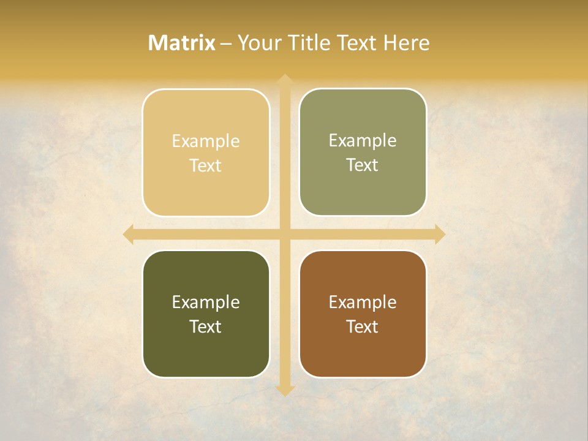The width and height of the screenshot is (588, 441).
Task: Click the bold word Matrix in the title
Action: pos(182,43)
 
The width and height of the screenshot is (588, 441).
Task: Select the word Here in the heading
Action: pos(407,43)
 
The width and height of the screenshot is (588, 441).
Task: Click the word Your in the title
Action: pos(260,43)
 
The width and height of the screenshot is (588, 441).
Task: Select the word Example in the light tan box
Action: pos(206,141)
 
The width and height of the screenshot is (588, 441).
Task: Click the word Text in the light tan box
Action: pos(206,166)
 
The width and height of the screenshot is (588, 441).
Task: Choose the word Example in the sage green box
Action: pos(363,141)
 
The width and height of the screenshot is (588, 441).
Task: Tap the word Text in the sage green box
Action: pos(363,165)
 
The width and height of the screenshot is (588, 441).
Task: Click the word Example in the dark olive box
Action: pos(206,303)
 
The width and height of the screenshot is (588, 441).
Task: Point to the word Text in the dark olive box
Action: pos(206,327)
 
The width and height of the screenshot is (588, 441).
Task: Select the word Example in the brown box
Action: pos(363,303)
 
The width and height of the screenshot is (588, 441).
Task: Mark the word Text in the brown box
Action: pos(363,327)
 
